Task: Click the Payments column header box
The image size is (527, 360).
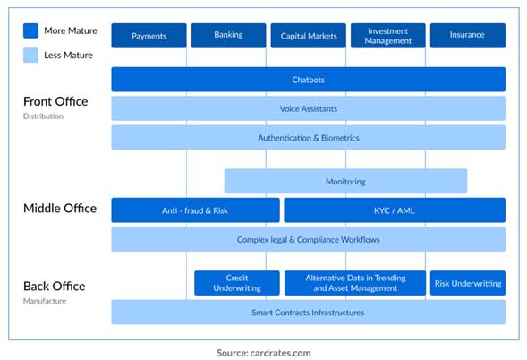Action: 149,36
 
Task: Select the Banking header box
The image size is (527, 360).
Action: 228,36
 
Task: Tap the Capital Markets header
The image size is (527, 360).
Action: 308,36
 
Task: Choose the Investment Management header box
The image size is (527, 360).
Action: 387,36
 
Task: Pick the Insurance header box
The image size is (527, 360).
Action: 467,36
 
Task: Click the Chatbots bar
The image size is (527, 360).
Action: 308,80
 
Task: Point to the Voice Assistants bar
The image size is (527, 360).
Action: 308,108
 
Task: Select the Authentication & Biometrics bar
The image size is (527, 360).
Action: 308,138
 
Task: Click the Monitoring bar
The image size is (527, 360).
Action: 345,181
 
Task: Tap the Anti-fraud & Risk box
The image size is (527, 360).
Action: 195,210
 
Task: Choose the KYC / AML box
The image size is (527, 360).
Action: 394,210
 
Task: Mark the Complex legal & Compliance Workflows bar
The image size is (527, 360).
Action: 308,239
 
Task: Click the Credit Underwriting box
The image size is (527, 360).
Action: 237,283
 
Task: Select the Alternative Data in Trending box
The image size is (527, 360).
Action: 354,283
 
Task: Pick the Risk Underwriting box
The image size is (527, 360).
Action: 467,283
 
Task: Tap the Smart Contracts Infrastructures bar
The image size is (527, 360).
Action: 308,312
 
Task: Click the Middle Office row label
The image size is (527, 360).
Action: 59,209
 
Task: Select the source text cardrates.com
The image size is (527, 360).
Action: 263,353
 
